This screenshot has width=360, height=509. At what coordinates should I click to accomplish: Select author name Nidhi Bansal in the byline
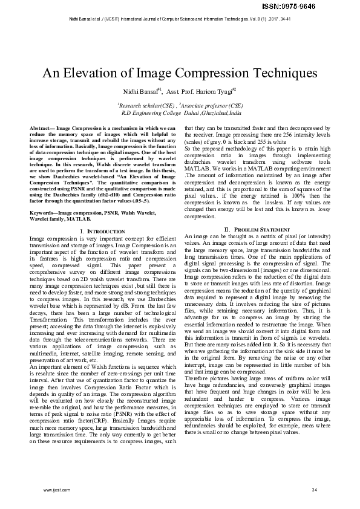pos(140,92)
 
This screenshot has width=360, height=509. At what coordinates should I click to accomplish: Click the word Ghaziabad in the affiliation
pos(217,112)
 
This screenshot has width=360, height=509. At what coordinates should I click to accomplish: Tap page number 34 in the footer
pos(314,488)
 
